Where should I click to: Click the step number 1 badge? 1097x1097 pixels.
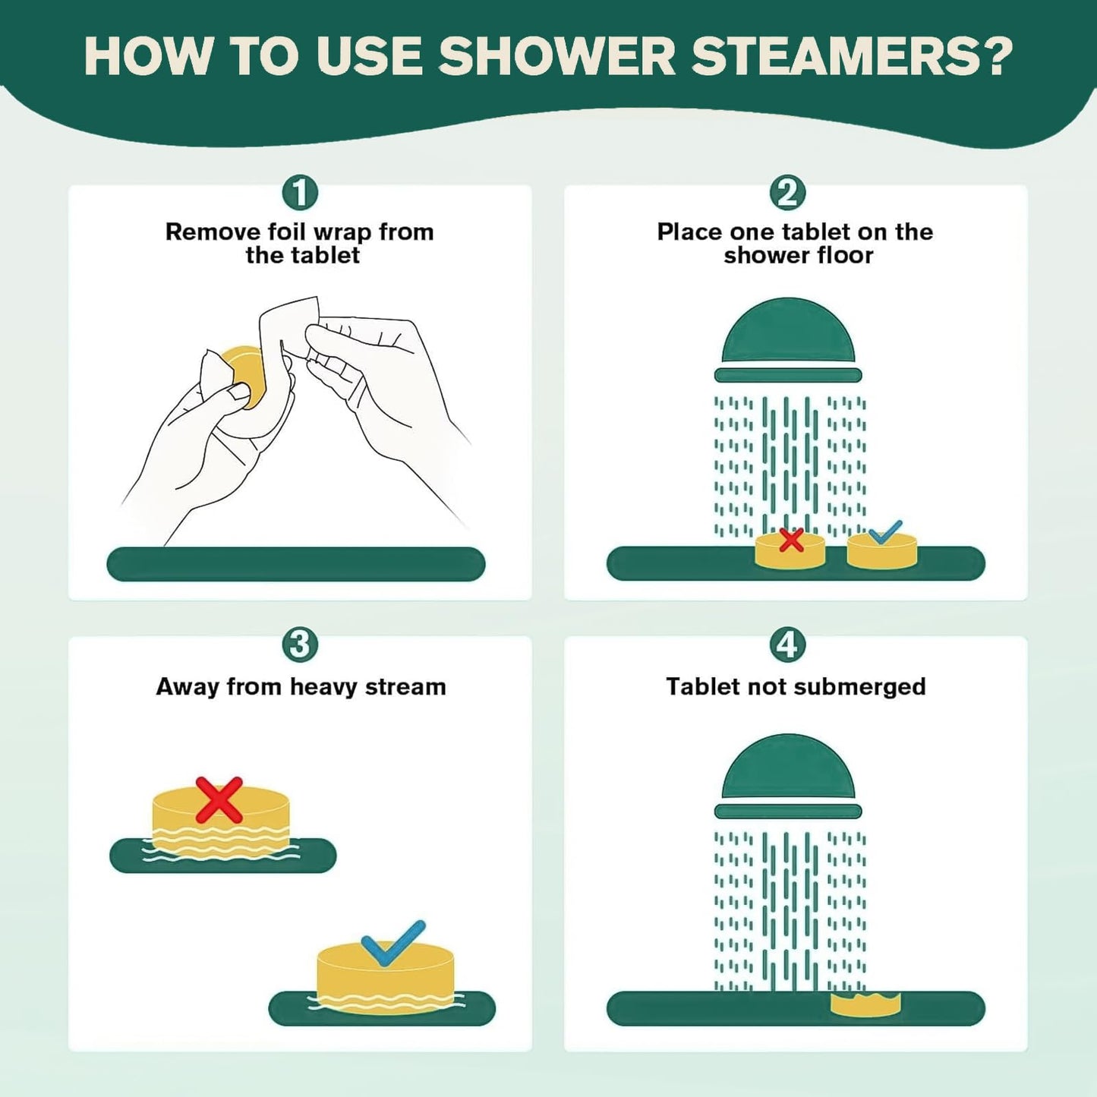(300, 193)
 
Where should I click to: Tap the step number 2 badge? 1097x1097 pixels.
(787, 193)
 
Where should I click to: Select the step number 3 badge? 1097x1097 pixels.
(300, 645)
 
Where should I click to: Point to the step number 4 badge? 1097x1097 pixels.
(787, 645)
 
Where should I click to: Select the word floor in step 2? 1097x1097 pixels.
(843, 256)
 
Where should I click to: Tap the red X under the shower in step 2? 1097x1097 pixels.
(791, 540)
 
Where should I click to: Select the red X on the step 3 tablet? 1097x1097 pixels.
(219, 799)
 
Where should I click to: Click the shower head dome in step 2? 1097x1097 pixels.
(788, 333)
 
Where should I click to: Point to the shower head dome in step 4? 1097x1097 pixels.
(788, 768)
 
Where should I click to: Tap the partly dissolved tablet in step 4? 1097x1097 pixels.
(865, 1004)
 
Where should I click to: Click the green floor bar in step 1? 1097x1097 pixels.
(295, 564)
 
